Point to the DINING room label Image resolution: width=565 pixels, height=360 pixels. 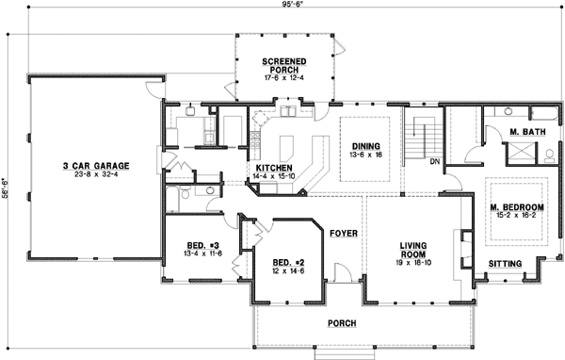pos(364,146)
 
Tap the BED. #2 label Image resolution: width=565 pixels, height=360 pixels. pos(283,261)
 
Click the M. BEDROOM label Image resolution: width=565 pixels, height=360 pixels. pos(517,206)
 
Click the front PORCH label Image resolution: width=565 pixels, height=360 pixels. pos(341,323)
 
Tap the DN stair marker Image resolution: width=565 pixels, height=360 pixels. pos(435,161)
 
